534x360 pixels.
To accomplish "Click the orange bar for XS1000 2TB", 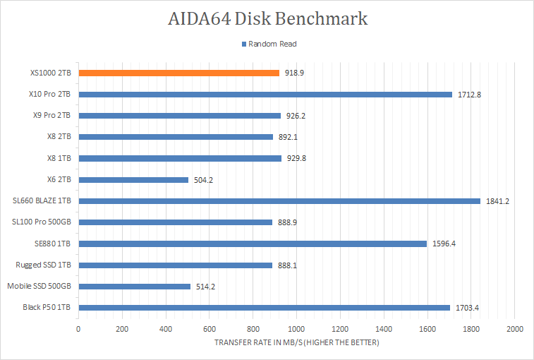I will [178, 73].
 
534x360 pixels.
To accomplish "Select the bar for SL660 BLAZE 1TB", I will [279, 201].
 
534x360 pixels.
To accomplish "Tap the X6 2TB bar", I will [133, 180].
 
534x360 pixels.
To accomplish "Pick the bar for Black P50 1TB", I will [264, 308].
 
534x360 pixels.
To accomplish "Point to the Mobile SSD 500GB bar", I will [134, 287].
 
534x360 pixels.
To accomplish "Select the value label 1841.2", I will [497, 201].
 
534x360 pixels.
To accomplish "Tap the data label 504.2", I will [203, 180].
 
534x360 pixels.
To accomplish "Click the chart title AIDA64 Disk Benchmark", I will [267, 18].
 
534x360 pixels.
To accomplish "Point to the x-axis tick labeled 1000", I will [296, 330].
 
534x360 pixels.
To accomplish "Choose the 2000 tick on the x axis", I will [515, 330].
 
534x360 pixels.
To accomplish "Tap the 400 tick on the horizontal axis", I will [166, 330].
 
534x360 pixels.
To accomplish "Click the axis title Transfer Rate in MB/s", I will [297, 343].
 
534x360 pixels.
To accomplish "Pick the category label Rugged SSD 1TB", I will [44, 265].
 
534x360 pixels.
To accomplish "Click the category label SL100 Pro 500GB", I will [42, 222].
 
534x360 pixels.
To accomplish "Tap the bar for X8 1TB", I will [180, 158].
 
